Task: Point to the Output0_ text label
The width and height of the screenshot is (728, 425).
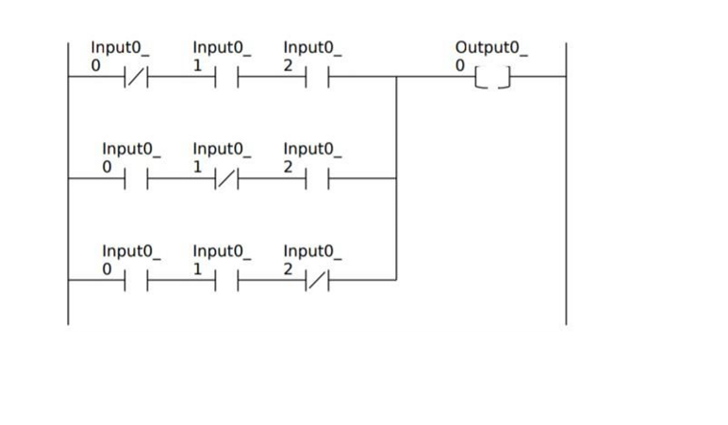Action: [x=491, y=47]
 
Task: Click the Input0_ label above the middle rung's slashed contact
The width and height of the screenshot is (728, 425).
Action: [x=222, y=149]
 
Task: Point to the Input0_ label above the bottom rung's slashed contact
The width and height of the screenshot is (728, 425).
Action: [x=312, y=251]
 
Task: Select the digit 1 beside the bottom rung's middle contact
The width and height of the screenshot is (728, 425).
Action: [x=199, y=269]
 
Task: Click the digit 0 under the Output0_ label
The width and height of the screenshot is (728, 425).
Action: [x=460, y=65]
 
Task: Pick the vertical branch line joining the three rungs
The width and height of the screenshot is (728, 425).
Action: [x=396, y=179]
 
